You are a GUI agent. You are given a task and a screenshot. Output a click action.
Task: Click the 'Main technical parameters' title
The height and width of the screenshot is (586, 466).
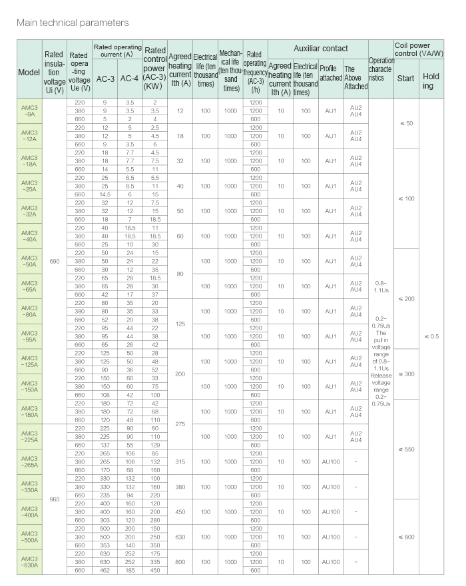(x=73, y=23)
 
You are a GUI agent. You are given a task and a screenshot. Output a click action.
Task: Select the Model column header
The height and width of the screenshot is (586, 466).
(x=29, y=72)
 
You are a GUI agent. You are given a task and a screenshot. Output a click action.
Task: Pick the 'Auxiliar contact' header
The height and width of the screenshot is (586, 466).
(x=317, y=49)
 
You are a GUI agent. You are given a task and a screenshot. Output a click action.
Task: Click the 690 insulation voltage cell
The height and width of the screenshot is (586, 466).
(x=54, y=262)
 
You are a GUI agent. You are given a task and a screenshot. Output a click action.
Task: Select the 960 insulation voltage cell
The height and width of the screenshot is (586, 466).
(x=54, y=499)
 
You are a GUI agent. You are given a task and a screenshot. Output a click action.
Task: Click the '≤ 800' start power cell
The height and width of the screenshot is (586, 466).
(x=405, y=537)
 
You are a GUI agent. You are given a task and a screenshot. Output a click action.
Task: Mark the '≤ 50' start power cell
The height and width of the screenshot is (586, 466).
(x=405, y=123)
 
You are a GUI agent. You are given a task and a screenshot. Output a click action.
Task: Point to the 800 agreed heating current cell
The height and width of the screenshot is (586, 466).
(x=180, y=561)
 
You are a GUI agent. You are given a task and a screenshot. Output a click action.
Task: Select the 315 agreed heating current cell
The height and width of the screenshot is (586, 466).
(x=180, y=461)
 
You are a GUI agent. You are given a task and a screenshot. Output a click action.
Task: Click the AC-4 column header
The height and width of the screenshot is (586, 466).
(x=130, y=79)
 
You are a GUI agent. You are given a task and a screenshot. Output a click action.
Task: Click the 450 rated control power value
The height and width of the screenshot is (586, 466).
(x=154, y=570)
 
